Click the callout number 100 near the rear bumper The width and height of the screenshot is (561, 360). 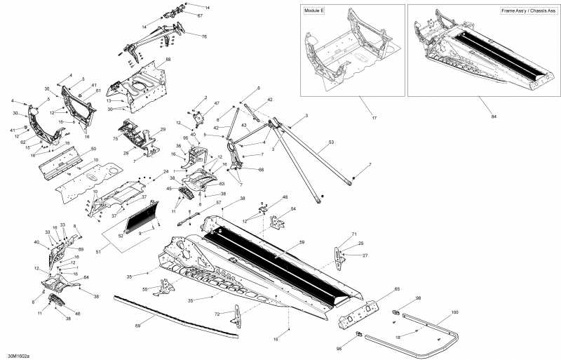454,311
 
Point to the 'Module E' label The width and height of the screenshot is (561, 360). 314,12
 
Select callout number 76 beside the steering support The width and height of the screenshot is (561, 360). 203,36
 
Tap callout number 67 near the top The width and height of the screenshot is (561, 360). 199,15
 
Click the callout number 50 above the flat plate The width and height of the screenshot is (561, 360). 93,149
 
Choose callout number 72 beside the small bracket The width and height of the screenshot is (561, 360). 217,313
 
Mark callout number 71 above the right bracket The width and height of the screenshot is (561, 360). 354,234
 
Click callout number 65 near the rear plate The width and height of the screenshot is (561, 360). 396,288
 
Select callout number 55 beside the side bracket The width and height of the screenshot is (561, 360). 145,288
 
